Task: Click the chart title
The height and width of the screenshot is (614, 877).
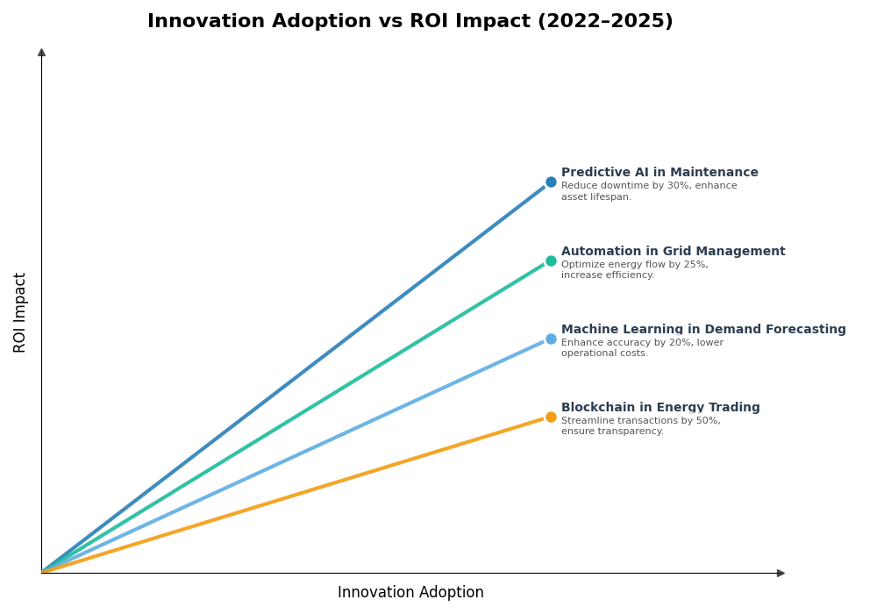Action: pyautogui.click(x=410, y=22)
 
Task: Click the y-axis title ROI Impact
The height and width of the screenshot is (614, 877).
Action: pyautogui.click(x=20, y=312)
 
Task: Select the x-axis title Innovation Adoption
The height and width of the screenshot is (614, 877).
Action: pyautogui.click(x=410, y=593)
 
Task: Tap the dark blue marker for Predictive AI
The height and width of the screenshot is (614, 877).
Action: pyautogui.click(x=551, y=182)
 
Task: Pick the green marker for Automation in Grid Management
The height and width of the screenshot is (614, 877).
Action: pyautogui.click(x=551, y=261)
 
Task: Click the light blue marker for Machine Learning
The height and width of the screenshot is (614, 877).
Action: pyautogui.click(x=551, y=339)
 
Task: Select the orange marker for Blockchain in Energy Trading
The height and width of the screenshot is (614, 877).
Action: pyautogui.click(x=551, y=417)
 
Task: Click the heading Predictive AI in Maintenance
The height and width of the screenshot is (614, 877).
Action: pyautogui.click(x=660, y=173)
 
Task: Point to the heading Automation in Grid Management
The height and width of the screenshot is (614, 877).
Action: pyautogui.click(x=673, y=252)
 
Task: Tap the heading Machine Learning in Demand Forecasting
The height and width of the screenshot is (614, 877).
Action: pyautogui.click(x=703, y=330)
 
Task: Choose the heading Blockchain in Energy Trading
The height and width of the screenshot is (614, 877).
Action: pyautogui.click(x=660, y=408)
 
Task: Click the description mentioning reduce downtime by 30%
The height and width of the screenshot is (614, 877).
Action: pyautogui.click(x=649, y=191)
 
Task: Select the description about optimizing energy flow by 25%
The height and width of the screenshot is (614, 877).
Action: pyautogui.click(x=634, y=270)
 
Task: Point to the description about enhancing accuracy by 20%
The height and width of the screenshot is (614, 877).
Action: pyautogui.click(x=642, y=348)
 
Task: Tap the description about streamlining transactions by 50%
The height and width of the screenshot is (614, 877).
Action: pyautogui.click(x=640, y=426)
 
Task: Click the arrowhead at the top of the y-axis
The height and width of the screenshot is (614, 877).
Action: pyautogui.click(x=41, y=53)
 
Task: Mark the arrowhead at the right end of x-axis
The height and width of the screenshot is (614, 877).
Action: pyautogui.click(x=781, y=573)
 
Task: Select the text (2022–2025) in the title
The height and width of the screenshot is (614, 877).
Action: pyautogui.click(x=615, y=22)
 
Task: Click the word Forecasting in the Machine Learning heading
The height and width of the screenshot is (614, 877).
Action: pyautogui.click(x=802, y=330)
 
